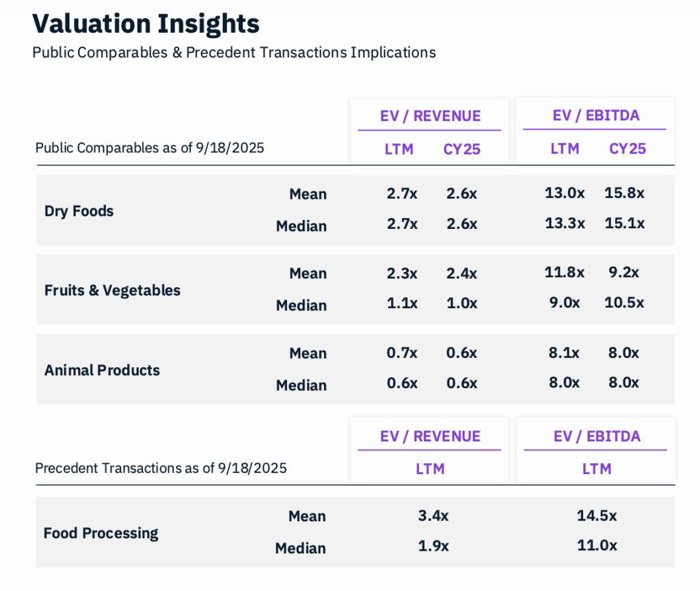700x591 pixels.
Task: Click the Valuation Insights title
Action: click(146, 24)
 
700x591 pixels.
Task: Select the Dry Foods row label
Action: click(79, 211)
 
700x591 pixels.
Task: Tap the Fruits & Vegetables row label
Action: click(112, 290)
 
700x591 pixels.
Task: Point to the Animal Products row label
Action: click(102, 370)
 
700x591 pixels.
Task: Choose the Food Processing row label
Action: click(100, 533)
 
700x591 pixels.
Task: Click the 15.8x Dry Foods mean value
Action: click(624, 193)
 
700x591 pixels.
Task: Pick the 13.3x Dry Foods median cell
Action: click(565, 223)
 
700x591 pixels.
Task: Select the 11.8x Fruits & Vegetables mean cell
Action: click(565, 273)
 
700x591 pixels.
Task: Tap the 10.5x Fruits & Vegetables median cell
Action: click(624, 303)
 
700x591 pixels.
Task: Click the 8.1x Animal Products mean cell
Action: click(565, 353)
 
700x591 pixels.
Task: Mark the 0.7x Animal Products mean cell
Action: click(402, 353)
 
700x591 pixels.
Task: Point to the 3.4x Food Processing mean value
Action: click(433, 516)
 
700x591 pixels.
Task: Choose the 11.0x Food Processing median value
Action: click(597, 545)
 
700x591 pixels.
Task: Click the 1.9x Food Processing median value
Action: click(433, 545)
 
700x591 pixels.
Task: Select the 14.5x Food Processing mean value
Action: click(597, 516)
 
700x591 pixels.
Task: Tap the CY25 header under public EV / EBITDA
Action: click(628, 149)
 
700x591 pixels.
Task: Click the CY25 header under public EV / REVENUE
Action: click(462, 149)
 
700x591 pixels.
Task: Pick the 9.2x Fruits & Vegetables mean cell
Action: click(624, 273)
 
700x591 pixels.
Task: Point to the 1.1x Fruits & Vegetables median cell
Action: click(402, 303)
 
